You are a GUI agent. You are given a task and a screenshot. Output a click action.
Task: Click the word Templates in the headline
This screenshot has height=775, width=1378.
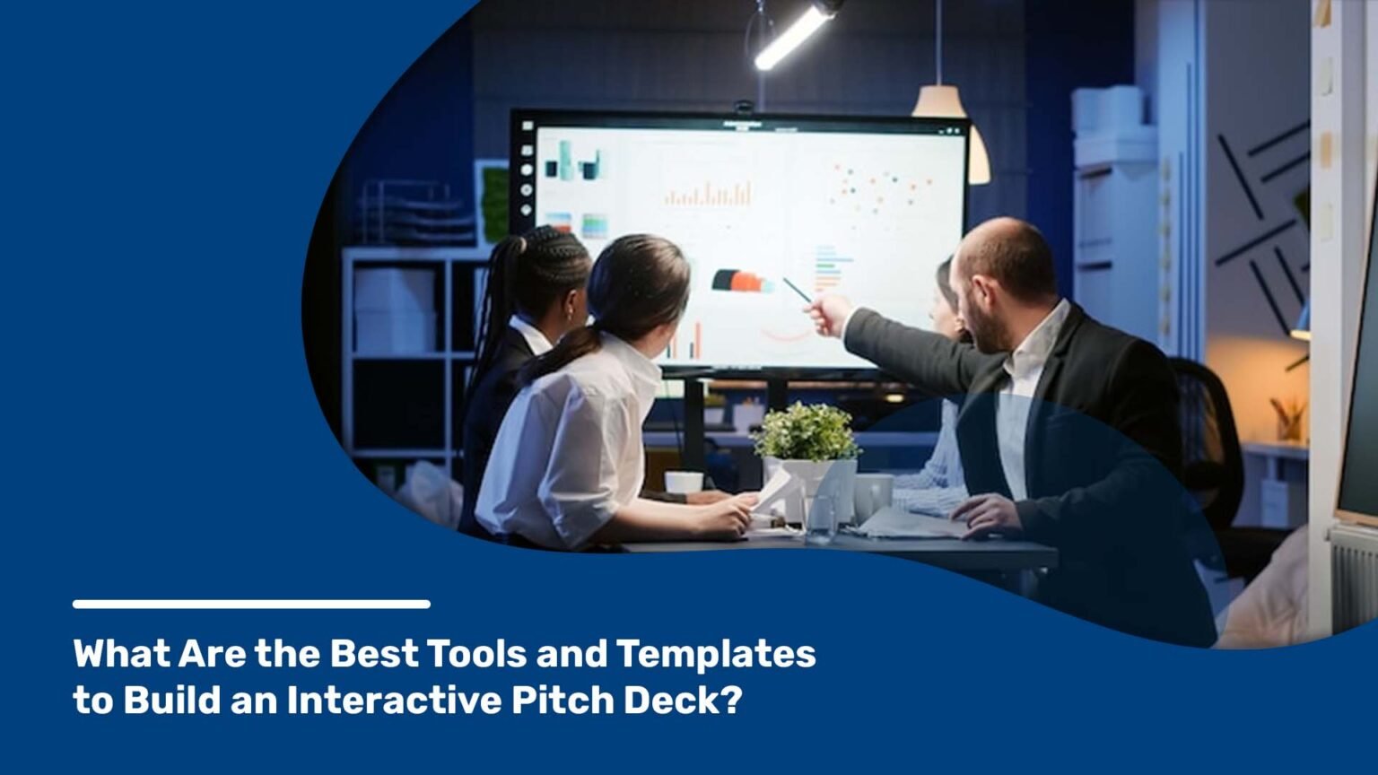tap(715, 655)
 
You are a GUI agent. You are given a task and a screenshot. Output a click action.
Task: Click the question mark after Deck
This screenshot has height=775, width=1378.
tap(733, 701)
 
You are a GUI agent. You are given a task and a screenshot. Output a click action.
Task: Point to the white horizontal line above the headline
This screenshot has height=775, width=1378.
tap(251, 605)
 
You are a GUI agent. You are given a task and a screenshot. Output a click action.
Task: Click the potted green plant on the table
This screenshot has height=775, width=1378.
tap(806, 433)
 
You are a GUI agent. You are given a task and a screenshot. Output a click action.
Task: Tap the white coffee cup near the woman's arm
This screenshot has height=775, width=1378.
tap(684, 483)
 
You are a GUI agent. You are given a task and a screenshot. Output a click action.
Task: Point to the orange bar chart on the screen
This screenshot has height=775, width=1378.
tap(708, 194)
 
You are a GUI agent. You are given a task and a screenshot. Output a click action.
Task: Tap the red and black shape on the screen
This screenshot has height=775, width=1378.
tap(741, 281)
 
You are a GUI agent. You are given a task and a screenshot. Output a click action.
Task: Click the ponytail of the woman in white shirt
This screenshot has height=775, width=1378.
tap(561, 350)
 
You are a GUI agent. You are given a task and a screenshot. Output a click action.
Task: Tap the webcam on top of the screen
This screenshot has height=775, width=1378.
tap(743, 107)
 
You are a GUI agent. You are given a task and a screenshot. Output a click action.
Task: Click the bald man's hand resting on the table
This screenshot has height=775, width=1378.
tap(985, 514)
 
